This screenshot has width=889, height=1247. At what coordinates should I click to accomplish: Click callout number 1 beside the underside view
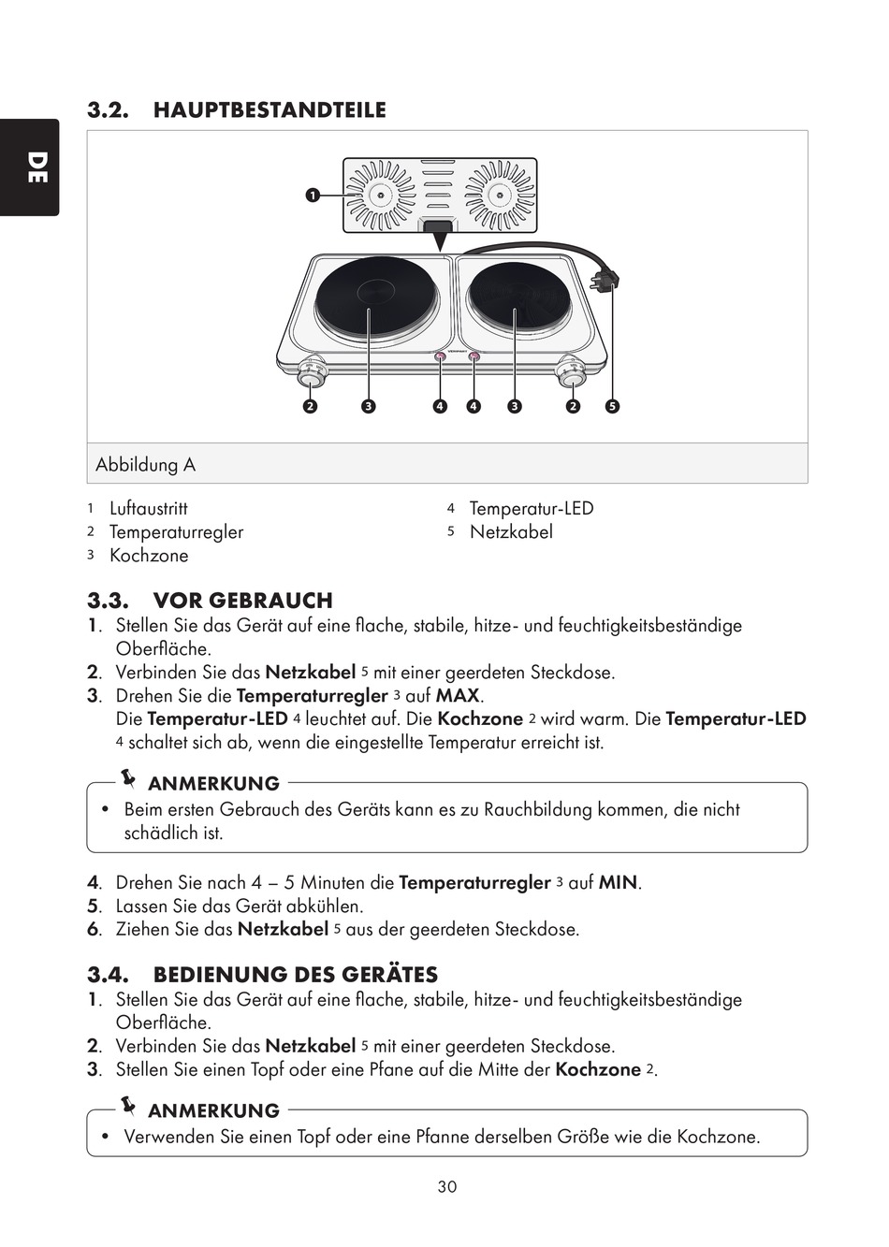[x=311, y=195]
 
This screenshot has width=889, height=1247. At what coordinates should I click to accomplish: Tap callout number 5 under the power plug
[x=612, y=406]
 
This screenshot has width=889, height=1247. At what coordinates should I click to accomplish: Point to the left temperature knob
[x=312, y=376]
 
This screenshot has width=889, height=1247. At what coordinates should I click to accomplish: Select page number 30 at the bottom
[x=446, y=1187]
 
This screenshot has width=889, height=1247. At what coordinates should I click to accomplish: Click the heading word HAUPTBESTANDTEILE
[x=270, y=110]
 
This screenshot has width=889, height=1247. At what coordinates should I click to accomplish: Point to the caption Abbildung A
[x=145, y=465]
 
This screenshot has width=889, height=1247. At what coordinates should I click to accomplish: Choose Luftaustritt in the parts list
[x=148, y=509]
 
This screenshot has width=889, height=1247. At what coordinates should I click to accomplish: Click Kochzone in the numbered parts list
[x=149, y=556]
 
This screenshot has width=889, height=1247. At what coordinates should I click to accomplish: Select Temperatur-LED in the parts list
[x=531, y=509]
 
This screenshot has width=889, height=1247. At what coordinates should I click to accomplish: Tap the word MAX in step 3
[x=458, y=696]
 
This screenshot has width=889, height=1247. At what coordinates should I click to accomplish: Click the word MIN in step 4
[x=618, y=883]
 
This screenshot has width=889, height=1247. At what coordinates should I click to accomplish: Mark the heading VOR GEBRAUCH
[x=242, y=601]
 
